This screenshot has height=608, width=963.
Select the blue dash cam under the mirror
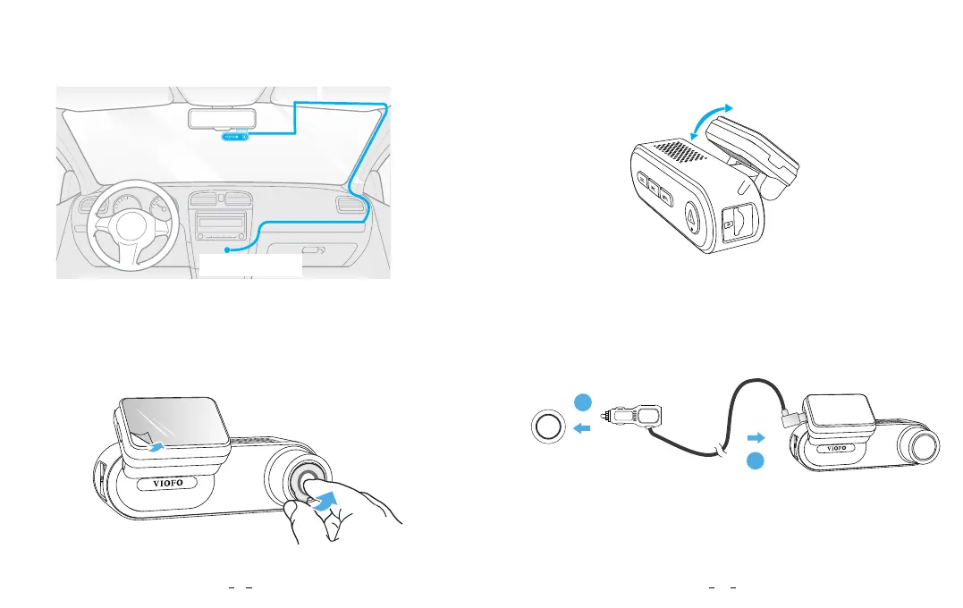pyautogui.click(x=232, y=137)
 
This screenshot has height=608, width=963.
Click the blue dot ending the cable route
pyautogui.click(x=228, y=250)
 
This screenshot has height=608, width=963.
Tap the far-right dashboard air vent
pyautogui.click(x=349, y=206)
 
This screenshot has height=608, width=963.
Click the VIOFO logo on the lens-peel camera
pyautogui.click(x=162, y=486)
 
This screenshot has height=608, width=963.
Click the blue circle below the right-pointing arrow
pyautogui.click(x=756, y=461)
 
